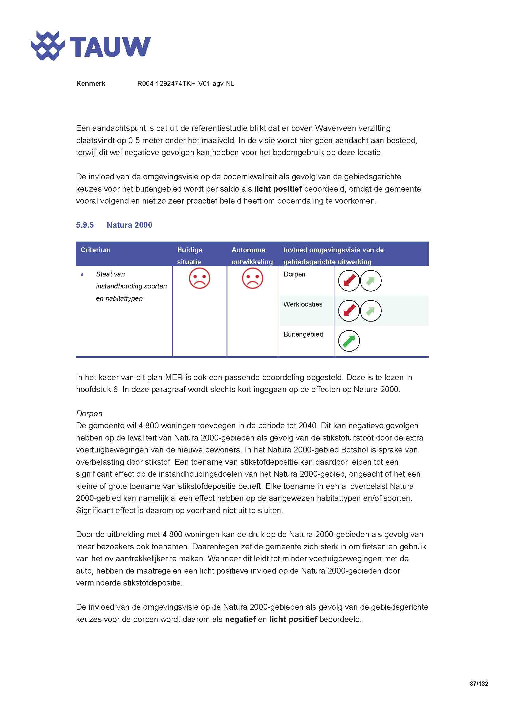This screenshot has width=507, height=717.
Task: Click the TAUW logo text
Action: pyautogui.click(x=110, y=47)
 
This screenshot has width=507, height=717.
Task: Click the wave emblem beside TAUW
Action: pyautogui.click(x=48, y=46)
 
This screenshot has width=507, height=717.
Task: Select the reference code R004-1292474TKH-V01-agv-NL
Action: pyautogui.click(x=186, y=84)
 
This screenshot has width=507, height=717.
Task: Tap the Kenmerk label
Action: pyautogui.click(x=90, y=84)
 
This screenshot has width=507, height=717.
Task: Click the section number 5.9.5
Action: pyautogui.click(x=85, y=225)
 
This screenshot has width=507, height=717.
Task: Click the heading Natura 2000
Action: pyautogui.click(x=129, y=225)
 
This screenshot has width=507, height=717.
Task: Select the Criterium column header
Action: pyautogui.click(x=96, y=250)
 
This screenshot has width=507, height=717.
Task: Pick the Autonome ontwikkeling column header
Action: pyautogui.click(x=252, y=256)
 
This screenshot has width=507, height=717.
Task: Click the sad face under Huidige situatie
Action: pyautogui.click(x=200, y=278)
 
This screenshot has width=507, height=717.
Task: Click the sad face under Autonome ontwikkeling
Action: pyautogui.click(x=253, y=278)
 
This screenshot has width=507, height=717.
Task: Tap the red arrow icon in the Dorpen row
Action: pyautogui.click(x=349, y=281)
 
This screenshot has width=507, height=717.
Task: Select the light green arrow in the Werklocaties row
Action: pyautogui.click(x=371, y=311)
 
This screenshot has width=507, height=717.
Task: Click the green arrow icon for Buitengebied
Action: pyautogui.click(x=349, y=341)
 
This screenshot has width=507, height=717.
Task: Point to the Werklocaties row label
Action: pyautogui.click(x=303, y=304)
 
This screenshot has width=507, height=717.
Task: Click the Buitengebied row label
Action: pyautogui.click(x=303, y=334)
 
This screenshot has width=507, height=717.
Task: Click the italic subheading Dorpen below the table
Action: pyautogui.click(x=89, y=414)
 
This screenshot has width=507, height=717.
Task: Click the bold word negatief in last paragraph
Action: pyautogui.click(x=240, y=619)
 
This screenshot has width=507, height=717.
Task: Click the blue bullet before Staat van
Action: pyautogui.click(x=82, y=275)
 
